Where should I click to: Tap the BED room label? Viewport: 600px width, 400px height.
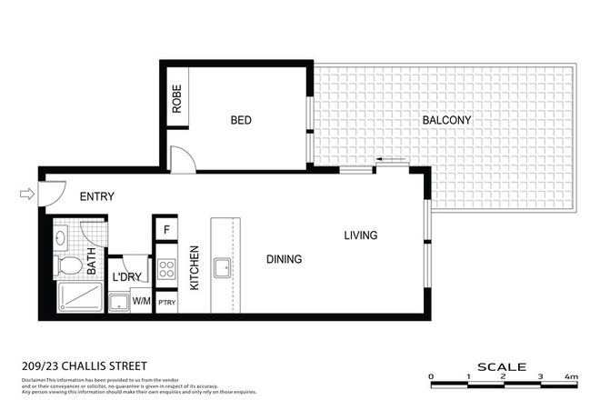pos(240,120)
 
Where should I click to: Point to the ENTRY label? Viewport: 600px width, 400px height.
pos(97,196)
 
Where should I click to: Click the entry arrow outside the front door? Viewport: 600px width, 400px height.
pos(27,193)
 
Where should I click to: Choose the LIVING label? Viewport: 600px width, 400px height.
pos(360,235)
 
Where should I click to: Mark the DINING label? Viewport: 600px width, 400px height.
pos(284,259)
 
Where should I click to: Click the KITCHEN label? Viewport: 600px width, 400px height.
pos(194,268)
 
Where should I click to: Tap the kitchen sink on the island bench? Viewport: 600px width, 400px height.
pos(222,267)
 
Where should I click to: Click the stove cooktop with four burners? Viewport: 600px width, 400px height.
pos(166,269)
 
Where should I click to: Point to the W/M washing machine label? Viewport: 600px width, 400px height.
pos(142,299)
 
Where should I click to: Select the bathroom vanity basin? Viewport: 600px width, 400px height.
pos(61,239)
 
